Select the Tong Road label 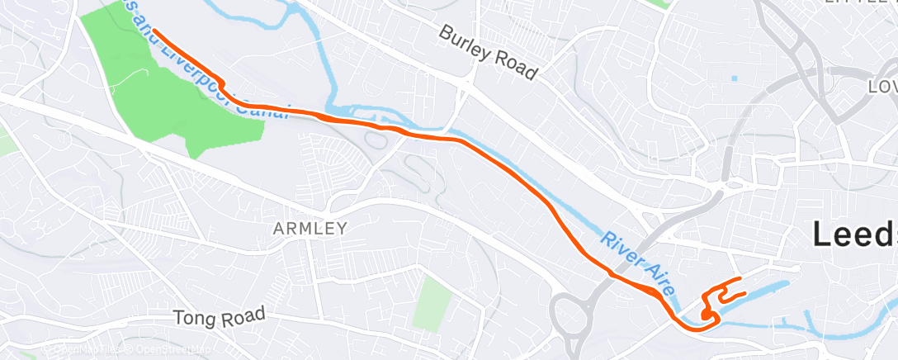(x=220, y=315)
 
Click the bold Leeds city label (x=854, y=234)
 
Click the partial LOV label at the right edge (x=882, y=87)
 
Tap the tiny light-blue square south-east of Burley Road (x=734, y=78)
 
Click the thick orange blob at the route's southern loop (x=707, y=315)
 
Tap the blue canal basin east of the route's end (x=772, y=289)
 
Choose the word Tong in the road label (x=192, y=318)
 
